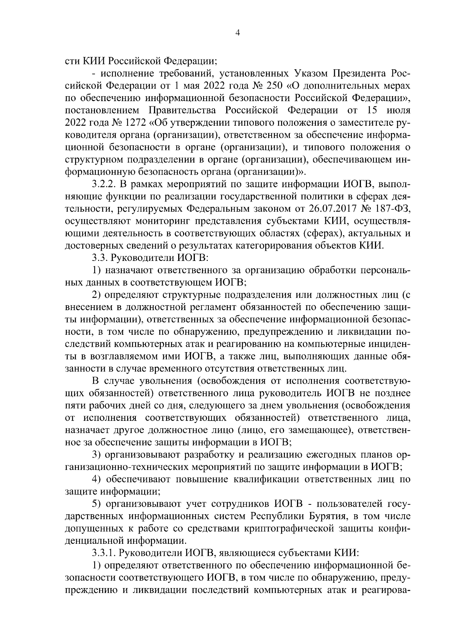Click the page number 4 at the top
point(237,33)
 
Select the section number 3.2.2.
point(105,184)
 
